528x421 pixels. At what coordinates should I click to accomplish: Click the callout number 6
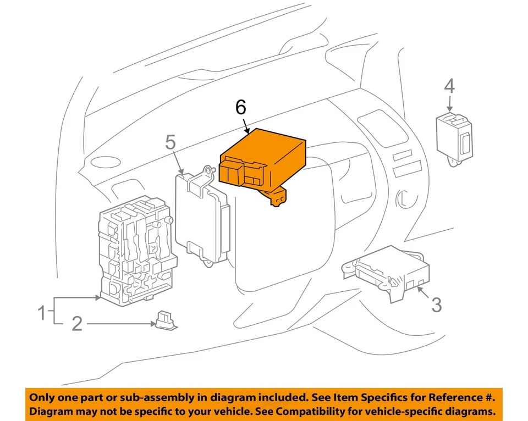pyautogui.click(x=241, y=108)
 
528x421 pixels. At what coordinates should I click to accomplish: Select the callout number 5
pyautogui.click(x=170, y=143)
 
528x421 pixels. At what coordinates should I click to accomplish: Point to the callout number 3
pyautogui.click(x=436, y=304)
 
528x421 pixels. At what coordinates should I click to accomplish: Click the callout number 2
pyautogui.click(x=77, y=324)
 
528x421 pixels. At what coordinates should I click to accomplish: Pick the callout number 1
pyautogui.click(x=41, y=314)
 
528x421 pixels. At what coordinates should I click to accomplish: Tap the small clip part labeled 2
pyautogui.click(x=165, y=321)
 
